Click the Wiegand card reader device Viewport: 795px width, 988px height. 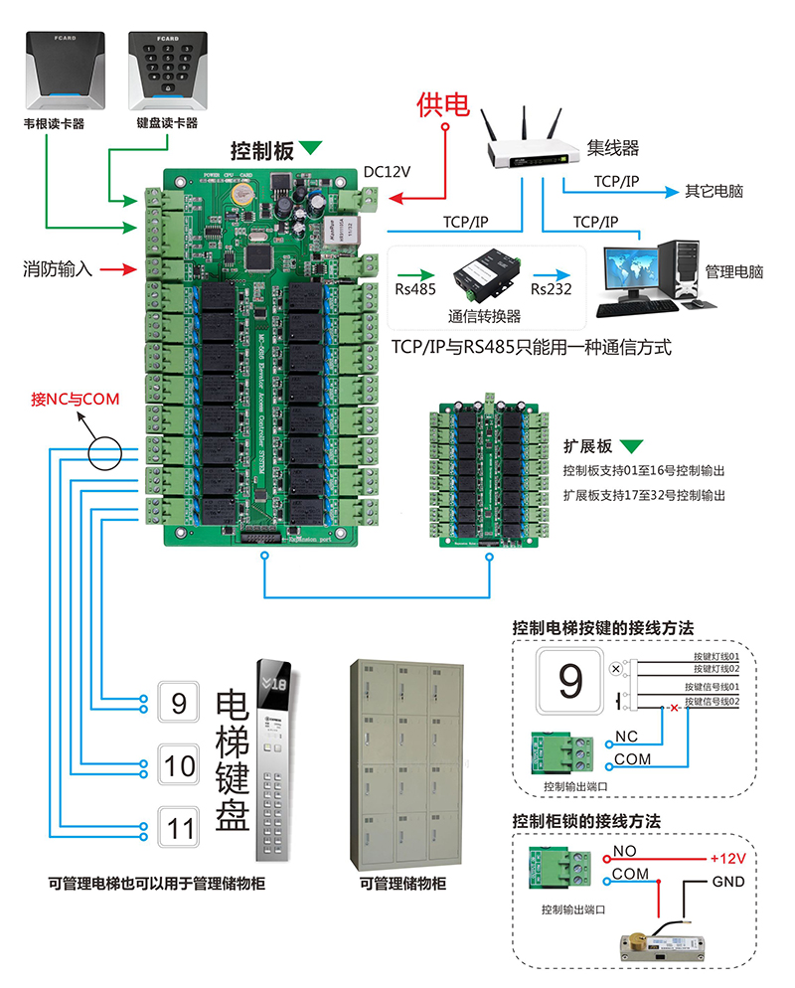pos(67,72)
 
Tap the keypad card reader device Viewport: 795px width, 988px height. pos(167,72)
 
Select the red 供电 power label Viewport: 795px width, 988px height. pos(442,104)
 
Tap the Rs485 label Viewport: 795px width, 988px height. pos(413,290)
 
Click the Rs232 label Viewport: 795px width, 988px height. pos(551,290)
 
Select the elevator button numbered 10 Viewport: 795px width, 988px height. pos(180,765)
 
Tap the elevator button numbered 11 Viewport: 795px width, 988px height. pos(180,828)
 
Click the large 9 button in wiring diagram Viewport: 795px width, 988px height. pos(569,681)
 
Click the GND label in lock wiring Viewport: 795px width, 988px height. pos(727,882)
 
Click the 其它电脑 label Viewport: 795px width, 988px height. pos(714,191)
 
